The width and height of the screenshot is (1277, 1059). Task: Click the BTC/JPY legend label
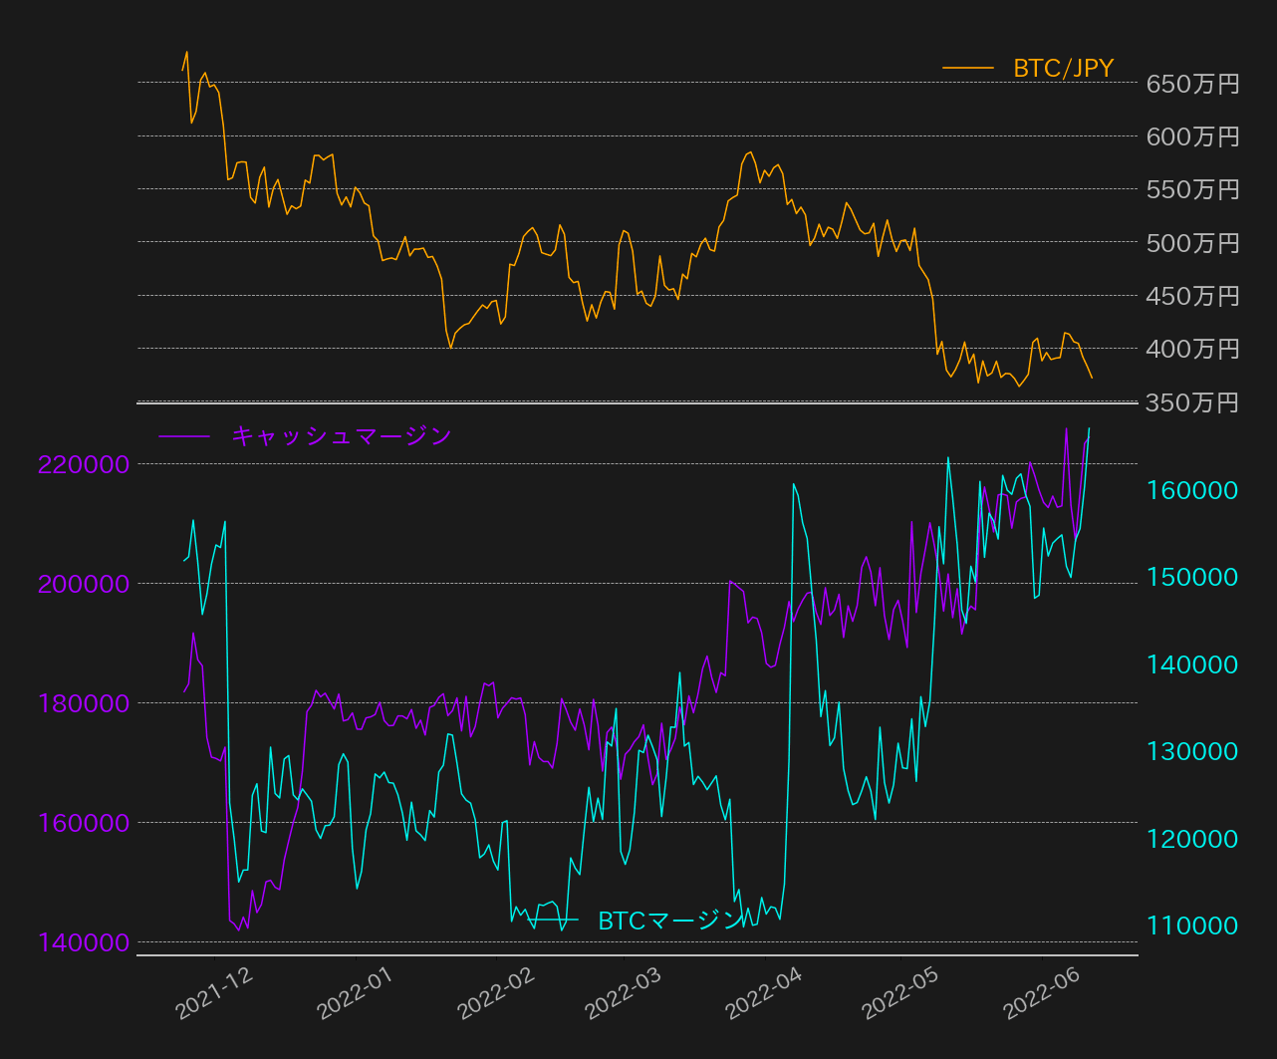(x=1063, y=69)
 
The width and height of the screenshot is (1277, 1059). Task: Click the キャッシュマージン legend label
(x=342, y=436)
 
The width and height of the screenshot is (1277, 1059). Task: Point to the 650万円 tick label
(x=1192, y=84)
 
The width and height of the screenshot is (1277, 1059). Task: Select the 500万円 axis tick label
(x=1192, y=243)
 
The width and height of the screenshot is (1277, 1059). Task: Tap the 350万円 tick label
(x=1192, y=402)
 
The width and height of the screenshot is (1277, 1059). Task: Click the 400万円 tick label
(x=1192, y=349)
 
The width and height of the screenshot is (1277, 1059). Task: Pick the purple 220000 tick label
(x=85, y=464)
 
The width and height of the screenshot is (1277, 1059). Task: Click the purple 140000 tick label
(x=85, y=942)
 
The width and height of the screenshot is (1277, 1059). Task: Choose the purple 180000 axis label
(x=85, y=703)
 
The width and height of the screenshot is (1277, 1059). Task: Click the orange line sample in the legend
(x=968, y=69)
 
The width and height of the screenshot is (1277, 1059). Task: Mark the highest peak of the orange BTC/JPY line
(x=186, y=52)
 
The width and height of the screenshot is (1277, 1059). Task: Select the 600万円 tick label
(x=1192, y=136)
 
